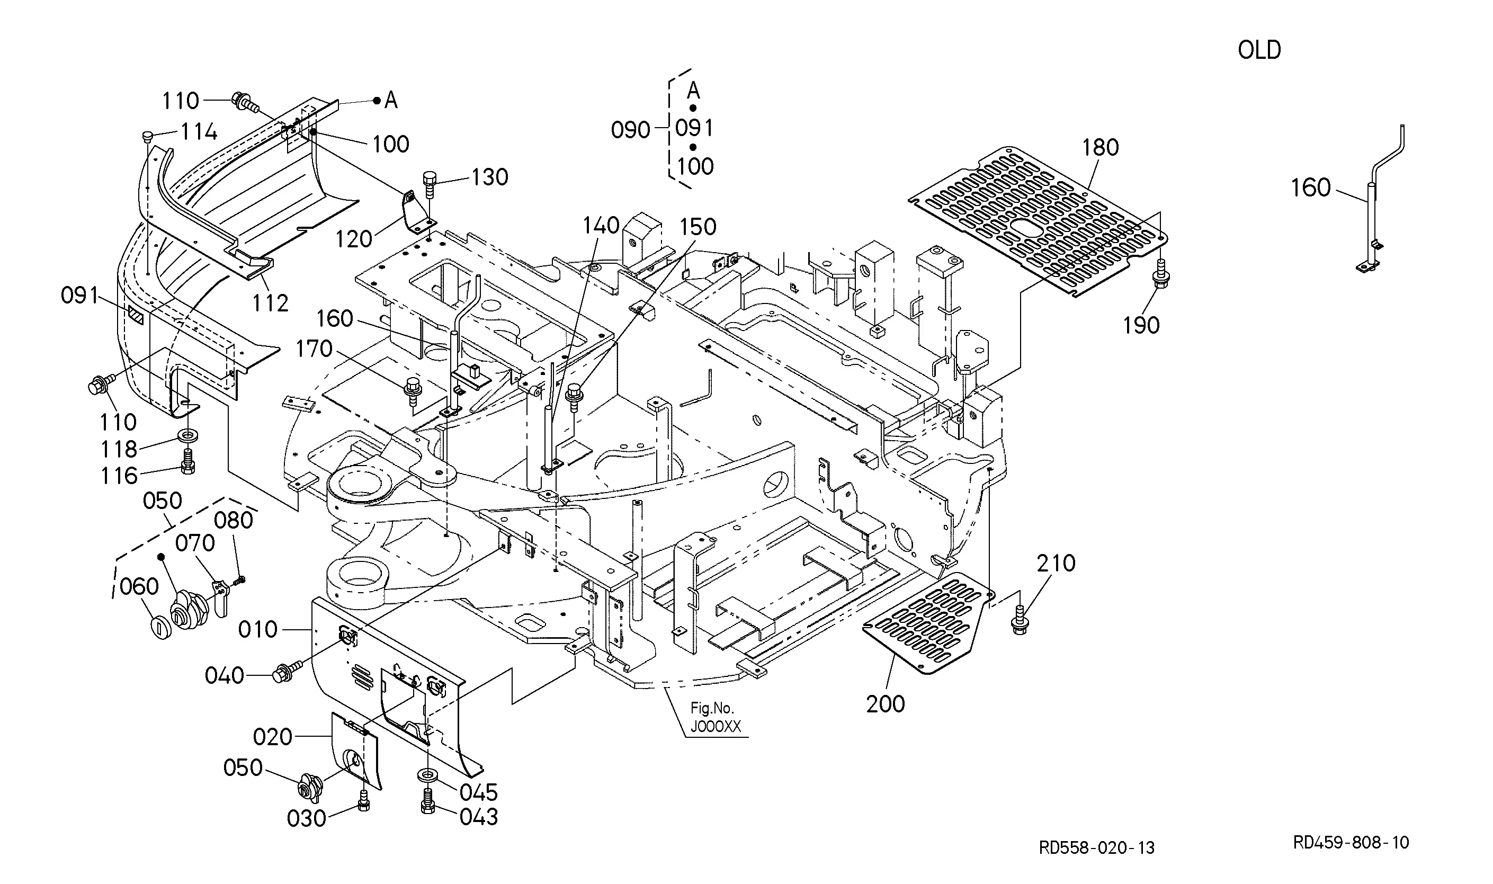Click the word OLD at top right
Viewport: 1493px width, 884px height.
1259,50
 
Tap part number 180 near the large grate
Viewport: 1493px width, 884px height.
1101,147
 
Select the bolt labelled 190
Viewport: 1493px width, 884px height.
1161,274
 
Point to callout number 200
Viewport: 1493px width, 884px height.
886,704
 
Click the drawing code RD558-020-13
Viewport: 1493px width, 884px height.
1096,847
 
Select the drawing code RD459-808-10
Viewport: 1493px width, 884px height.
1351,842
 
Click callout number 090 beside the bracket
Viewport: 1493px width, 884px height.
630,130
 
